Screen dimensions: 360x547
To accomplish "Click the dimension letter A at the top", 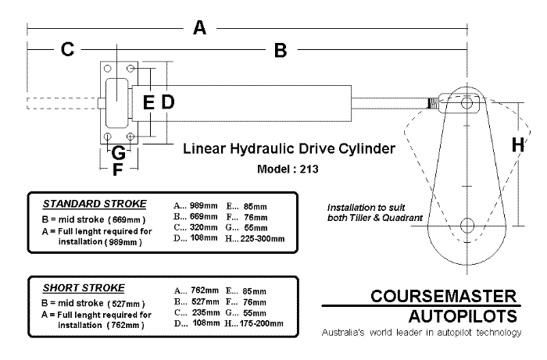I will tap(199, 28).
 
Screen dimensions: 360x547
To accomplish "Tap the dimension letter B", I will tap(281, 51).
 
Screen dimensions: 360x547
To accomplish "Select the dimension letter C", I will tap(67, 51).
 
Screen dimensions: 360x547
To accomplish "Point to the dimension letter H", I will tap(518, 144).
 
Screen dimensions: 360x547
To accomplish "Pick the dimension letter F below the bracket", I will tap(118, 169).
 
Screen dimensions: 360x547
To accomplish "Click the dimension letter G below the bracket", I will tap(118, 152).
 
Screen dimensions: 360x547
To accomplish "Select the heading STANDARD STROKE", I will tap(95, 204).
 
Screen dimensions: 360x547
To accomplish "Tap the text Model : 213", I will tap(288, 167).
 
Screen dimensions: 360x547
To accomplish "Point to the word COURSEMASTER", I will tap(445, 297).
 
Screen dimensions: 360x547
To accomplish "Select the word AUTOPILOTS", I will tap(464, 315).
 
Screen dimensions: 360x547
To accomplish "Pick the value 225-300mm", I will tap(263, 238).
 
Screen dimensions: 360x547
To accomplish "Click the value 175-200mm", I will tap(263, 323).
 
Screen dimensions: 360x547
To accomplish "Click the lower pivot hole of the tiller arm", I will tap(467, 226).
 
